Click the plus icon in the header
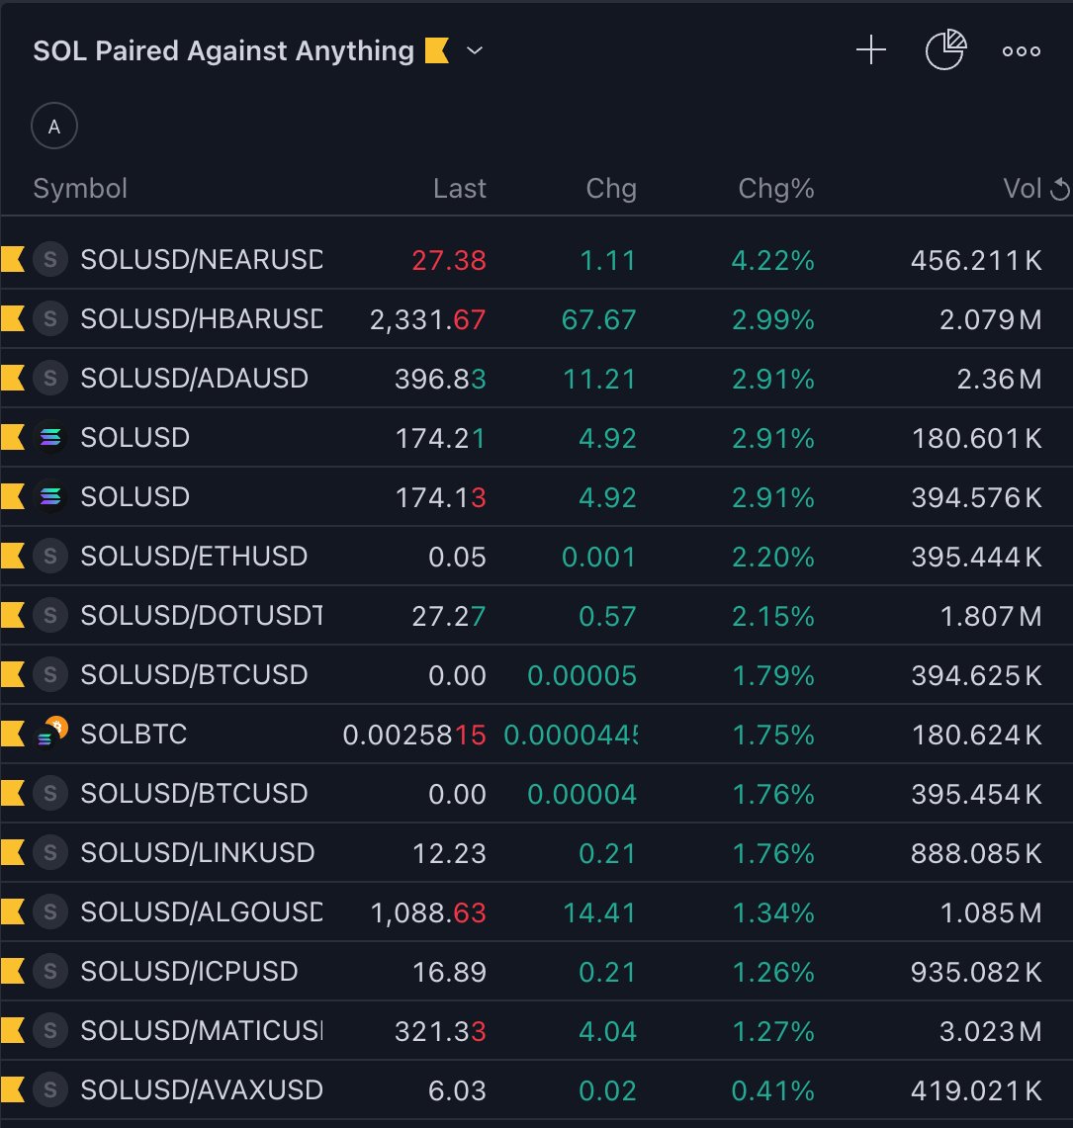(x=870, y=50)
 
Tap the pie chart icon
(x=944, y=50)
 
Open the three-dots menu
(x=1021, y=51)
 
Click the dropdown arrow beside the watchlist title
(x=475, y=50)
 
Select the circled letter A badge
(x=54, y=127)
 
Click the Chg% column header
(x=775, y=189)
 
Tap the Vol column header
(x=1023, y=189)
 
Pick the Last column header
(x=460, y=189)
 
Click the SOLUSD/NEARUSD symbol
(x=201, y=260)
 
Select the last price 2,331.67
(x=428, y=319)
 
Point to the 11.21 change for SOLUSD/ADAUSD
(x=600, y=379)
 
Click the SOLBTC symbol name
(x=134, y=735)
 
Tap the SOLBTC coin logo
(x=49, y=735)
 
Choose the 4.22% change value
(x=772, y=260)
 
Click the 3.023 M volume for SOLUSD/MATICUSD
(x=990, y=1031)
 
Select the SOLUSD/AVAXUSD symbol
(x=201, y=1090)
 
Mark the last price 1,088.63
(x=428, y=912)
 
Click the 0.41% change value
(x=772, y=1090)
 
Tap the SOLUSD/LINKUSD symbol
(x=197, y=853)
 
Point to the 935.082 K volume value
(x=975, y=972)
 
